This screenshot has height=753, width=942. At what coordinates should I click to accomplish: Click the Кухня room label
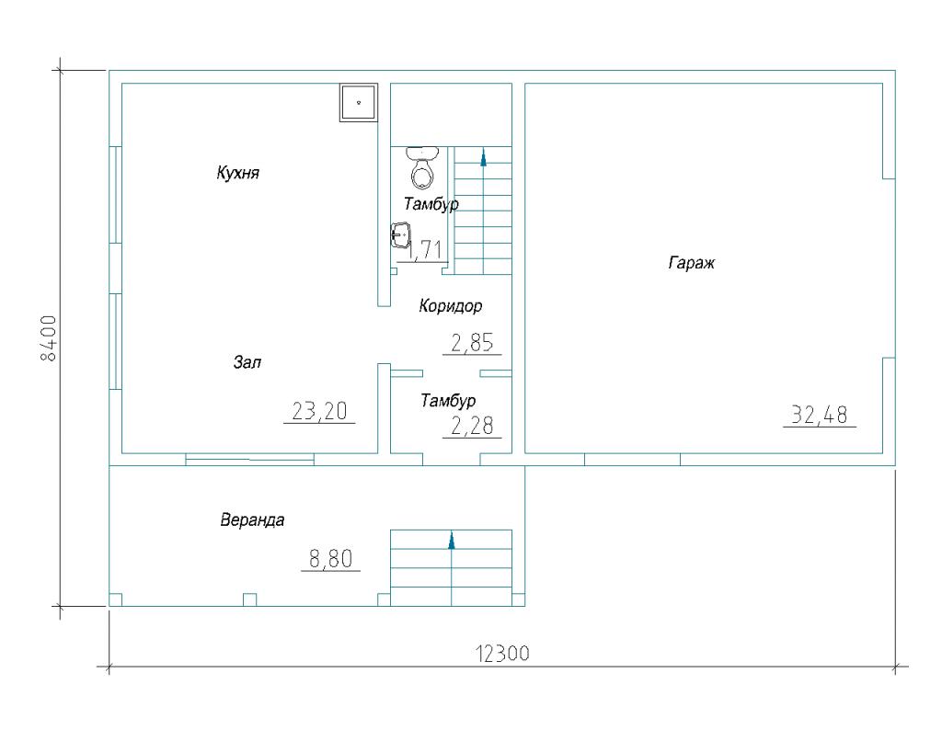pos(238,174)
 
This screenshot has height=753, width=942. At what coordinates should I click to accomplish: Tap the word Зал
pos(247,362)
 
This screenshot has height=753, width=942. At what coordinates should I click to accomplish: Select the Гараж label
pos(692,263)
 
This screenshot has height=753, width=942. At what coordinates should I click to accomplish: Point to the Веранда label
pos(252,519)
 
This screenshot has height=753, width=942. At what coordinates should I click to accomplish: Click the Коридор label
pos(451,306)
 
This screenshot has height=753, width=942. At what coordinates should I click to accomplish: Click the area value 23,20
pos(319,411)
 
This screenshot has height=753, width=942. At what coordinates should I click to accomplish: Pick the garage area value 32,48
pos(820,415)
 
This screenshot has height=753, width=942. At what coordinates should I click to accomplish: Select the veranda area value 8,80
pos(330,559)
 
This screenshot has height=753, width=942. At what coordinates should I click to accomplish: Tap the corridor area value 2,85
pos(472,343)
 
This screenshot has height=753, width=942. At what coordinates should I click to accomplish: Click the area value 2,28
pos(472,426)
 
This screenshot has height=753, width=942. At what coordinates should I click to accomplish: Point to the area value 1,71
pos(425,250)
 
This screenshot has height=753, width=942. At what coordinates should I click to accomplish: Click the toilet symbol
pos(423,167)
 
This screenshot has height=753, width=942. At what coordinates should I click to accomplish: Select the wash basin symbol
pos(401,234)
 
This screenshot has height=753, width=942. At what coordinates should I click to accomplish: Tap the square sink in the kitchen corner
pos(359,103)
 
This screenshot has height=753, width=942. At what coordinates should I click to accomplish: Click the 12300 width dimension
pos(503,653)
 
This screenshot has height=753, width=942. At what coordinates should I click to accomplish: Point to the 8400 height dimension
pos(48,338)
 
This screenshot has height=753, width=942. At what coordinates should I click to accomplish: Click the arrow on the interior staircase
pos(483,158)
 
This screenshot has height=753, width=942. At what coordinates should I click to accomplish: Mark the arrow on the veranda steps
pos(451,541)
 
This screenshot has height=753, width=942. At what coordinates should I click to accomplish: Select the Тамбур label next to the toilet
pos(431,204)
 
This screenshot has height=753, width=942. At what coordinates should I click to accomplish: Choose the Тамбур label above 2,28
pos(448,401)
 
